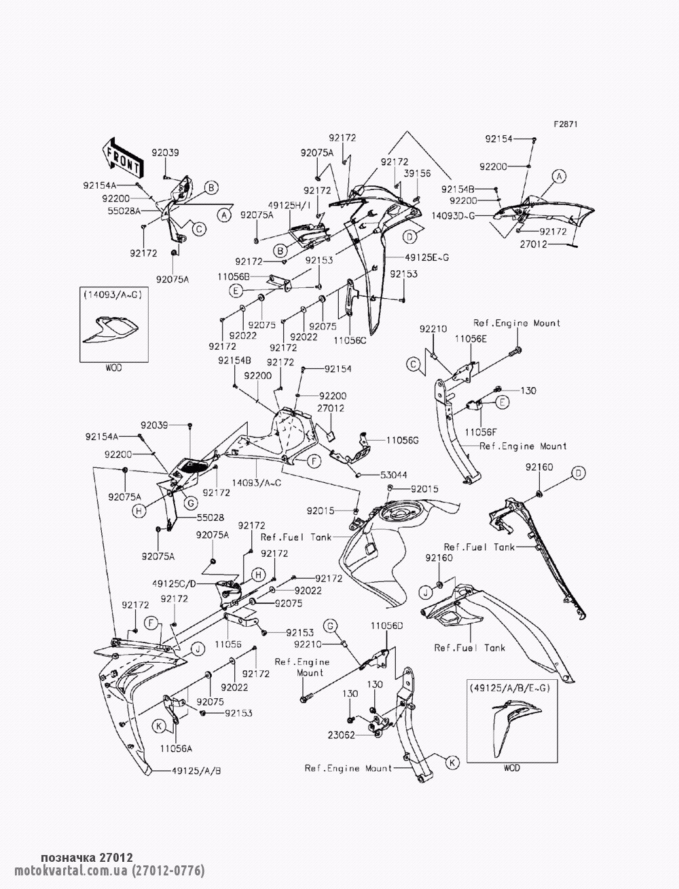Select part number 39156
tap(417, 174)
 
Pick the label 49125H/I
tap(289, 205)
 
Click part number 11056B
tap(234, 276)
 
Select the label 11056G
tap(403, 441)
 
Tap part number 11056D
tap(387, 624)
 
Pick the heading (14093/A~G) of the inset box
tap(113, 295)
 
